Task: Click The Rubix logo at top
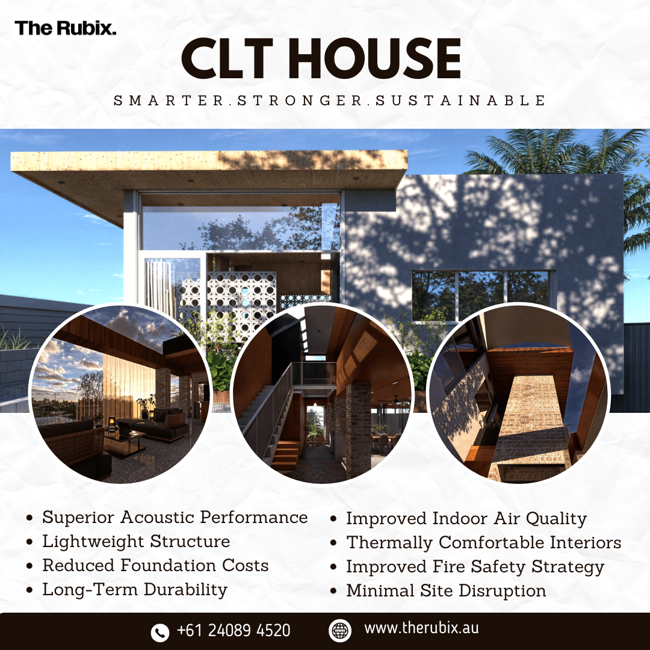click(66, 28)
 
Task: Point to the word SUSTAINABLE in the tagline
click(460, 100)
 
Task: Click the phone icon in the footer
click(159, 631)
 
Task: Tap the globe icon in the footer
click(340, 630)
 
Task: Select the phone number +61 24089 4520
click(234, 630)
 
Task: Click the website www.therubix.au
click(421, 629)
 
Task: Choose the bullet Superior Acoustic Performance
click(175, 518)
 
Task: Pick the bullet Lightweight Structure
click(136, 542)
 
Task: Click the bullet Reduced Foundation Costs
click(155, 566)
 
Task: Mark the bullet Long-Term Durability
click(135, 590)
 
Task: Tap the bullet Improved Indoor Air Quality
click(466, 519)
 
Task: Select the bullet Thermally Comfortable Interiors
click(483, 543)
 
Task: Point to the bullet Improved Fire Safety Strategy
click(474, 567)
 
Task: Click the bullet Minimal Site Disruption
click(446, 591)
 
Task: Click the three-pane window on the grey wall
click(480, 295)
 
